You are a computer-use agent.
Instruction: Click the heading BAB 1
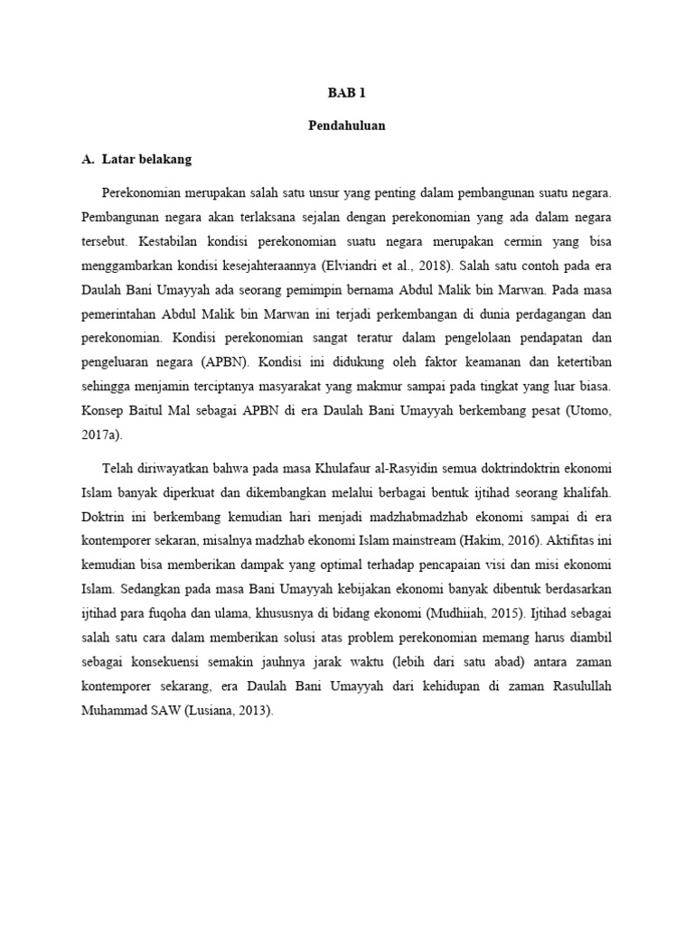[x=346, y=93]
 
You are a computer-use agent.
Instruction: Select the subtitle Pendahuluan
[x=346, y=126]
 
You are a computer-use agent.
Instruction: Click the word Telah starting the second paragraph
[x=120, y=470]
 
